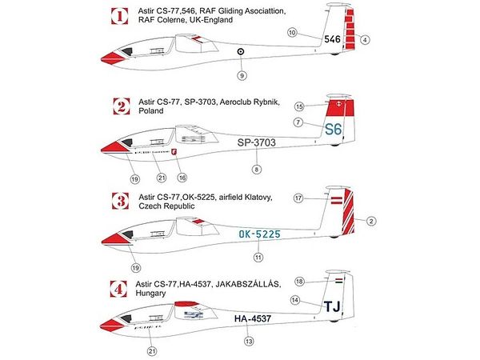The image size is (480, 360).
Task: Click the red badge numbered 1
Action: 118,14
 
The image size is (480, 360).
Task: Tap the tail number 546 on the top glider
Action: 334,38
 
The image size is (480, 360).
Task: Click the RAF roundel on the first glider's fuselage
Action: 240,54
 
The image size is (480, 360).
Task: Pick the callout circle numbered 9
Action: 240,75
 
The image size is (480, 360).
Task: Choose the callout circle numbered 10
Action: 292,32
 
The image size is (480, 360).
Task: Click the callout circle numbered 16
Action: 182,177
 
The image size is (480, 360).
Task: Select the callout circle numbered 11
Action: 258,258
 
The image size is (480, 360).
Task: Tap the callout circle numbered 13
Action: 249,341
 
